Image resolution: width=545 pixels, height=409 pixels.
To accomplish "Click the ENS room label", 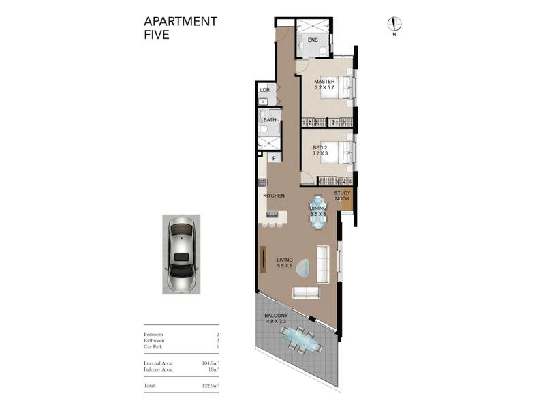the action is [x=313, y=40].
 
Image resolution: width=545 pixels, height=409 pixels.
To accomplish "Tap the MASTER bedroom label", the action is [x=324, y=85].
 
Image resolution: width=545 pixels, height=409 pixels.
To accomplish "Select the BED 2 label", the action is [x=320, y=150].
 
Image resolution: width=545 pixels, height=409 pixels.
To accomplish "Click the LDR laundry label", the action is [x=265, y=90].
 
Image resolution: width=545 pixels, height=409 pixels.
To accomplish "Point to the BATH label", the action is [x=270, y=120].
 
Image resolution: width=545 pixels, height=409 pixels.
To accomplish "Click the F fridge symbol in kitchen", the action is [x=275, y=159].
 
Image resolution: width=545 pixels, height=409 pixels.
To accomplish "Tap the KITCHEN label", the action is [x=274, y=196].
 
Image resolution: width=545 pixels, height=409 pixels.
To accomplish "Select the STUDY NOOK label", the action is [x=342, y=196].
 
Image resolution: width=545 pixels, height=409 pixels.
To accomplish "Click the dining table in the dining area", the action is [x=318, y=212].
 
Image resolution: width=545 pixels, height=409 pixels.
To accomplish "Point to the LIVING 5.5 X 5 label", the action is [x=285, y=262].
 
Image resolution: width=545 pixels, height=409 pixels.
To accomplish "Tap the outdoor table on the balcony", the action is [x=301, y=340].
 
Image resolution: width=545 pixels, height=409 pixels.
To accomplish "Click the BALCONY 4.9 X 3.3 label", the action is [x=276, y=318].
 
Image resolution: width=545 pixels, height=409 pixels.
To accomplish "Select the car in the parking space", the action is [x=181, y=254].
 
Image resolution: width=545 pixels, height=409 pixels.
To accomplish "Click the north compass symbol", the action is [x=394, y=25].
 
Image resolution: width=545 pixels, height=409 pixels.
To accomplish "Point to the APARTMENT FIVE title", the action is [x=181, y=28].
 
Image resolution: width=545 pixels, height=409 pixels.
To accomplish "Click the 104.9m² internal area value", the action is [x=211, y=363].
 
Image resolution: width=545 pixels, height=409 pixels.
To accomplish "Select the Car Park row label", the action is [x=153, y=347].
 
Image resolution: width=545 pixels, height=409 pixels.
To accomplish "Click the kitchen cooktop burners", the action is [x=262, y=182].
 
